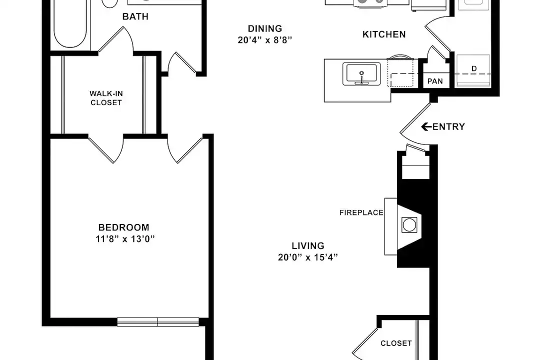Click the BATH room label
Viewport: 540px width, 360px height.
click(x=135, y=16)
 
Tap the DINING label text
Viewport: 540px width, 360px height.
click(x=265, y=28)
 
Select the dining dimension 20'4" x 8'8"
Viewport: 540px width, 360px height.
click(x=265, y=40)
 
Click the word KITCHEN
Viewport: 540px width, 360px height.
click(x=384, y=34)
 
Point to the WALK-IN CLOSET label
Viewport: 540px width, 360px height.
click(x=106, y=98)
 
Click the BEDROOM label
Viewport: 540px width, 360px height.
click(x=124, y=227)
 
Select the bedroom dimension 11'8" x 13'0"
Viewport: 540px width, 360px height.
click(x=125, y=238)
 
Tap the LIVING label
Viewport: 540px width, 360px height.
click(x=308, y=246)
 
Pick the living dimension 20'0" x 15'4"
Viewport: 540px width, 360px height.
click(x=308, y=257)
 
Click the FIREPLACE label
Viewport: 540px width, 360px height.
click(x=361, y=213)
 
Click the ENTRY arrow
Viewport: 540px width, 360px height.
click(x=426, y=127)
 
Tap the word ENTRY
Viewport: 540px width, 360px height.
click(x=448, y=127)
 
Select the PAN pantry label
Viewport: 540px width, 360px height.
click(x=435, y=81)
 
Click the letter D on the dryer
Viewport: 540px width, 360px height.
click(x=474, y=69)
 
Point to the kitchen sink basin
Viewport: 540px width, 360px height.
click(x=361, y=73)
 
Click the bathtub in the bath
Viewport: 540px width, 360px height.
click(x=70, y=24)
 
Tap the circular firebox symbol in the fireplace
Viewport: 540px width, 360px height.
click(x=409, y=225)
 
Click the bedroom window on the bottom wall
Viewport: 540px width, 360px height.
click(x=158, y=322)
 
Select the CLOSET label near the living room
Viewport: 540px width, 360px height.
click(x=396, y=343)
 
